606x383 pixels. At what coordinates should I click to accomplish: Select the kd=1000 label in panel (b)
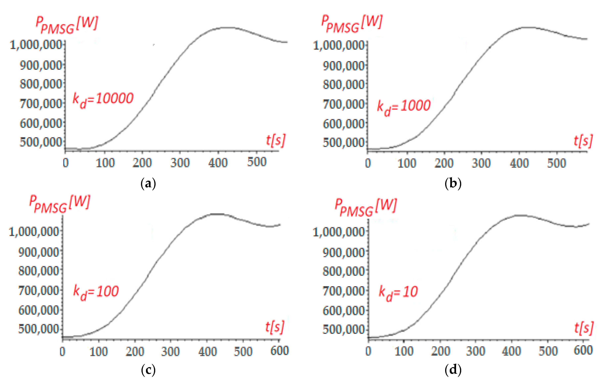(404, 106)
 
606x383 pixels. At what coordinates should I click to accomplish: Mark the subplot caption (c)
(148, 370)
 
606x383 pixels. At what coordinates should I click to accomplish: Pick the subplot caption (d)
(453, 370)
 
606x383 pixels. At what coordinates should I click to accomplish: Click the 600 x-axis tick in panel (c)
(279, 351)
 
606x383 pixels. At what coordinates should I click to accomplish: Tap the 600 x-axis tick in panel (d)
(583, 350)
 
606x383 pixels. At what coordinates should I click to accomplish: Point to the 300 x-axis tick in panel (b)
(481, 163)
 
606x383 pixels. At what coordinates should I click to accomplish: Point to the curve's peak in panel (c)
(217, 214)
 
